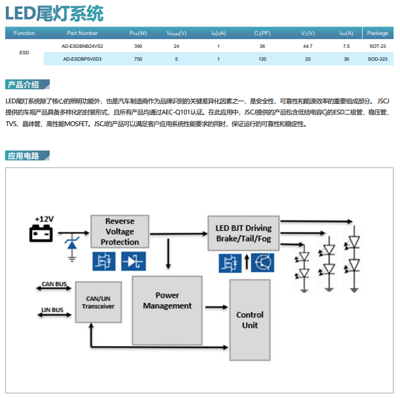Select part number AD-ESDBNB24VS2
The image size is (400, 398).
pyautogui.click(x=82, y=46)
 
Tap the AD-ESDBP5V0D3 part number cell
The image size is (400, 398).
pyautogui.click(x=82, y=59)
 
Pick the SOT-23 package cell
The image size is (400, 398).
pyautogui.click(x=377, y=46)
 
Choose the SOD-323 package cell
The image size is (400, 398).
pyautogui.click(x=377, y=59)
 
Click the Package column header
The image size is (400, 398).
pyautogui.click(x=377, y=33)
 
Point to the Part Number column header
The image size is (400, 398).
pyautogui.click(x=82, y=33)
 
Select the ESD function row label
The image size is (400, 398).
pyautogui.click(x=24, y=53)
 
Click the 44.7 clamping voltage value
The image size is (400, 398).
pyautogui.click(x=307, y=46)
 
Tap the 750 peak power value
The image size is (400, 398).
pyautogui.click(x=138, y=59)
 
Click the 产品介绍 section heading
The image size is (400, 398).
pyautogui.click(x=24, y=85)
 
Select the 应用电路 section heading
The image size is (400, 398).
pyautogui.click(x=24, y=156)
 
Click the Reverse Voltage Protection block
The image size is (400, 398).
pyautogui.click(x=120, y=232)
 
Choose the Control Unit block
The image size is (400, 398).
pyautogui.click(x=250, y=319)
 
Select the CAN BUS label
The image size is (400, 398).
pyautogui.click(x=54, y=285)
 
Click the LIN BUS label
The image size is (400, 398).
pyautogui.click(x=53, y=310)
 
